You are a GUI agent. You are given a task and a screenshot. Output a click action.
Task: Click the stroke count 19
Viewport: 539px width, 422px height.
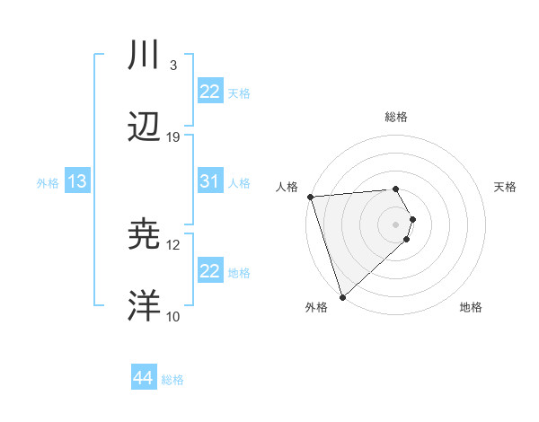point(173,137)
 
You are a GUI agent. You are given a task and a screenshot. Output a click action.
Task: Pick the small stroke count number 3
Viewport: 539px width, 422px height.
point(172,66)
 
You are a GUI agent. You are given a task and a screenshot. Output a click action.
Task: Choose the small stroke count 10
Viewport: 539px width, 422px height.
point(173,316)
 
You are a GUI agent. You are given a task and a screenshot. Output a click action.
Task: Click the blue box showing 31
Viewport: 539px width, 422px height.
point(210,181)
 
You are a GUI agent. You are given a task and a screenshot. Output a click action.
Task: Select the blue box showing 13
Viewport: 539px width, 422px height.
point(77,181)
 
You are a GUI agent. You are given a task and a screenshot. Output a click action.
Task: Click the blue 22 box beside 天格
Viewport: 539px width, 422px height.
point(210,92)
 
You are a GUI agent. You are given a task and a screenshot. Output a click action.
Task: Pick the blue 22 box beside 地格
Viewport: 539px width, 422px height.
point(210,271)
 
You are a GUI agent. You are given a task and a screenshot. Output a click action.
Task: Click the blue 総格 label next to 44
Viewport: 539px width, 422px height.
point(172,380)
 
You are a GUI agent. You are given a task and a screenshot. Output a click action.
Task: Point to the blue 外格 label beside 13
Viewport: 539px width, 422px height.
point(48,183)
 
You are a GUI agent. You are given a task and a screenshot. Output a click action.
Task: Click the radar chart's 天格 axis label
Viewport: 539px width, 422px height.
point(506,187)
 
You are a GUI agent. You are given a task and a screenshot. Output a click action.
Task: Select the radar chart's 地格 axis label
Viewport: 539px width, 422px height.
point(471,307)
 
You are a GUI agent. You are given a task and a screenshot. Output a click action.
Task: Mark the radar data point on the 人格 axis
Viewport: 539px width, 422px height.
point(310,197)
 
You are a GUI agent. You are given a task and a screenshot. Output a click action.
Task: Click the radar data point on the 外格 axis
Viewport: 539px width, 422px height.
point(342,296)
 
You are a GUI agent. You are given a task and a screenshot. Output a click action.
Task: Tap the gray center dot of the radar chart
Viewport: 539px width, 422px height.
point(396,224)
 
